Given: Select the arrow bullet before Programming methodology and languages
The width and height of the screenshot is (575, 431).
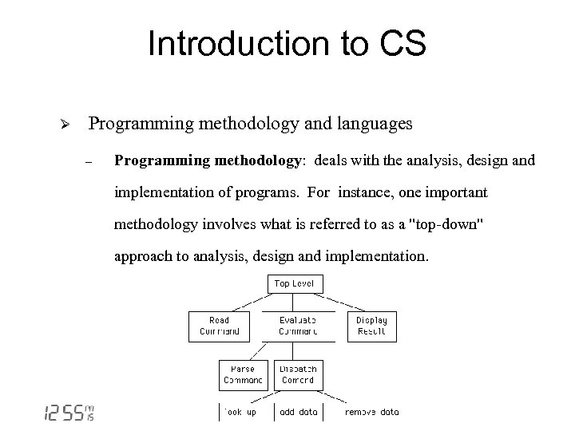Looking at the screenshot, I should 68,125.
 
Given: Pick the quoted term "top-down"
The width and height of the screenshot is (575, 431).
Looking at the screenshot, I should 444,224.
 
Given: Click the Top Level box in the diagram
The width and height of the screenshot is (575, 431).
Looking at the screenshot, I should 294,283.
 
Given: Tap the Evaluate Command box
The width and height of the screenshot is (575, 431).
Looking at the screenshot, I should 297,326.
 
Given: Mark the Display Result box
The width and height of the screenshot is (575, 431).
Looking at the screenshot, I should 371,326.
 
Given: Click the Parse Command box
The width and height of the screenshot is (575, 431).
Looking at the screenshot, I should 243,374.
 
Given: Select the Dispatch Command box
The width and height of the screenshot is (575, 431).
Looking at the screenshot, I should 297,374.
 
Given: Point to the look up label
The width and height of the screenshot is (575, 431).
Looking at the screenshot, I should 240,412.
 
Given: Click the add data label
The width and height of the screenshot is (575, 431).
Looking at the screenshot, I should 298,412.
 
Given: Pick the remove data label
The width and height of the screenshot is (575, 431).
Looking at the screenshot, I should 371,412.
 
